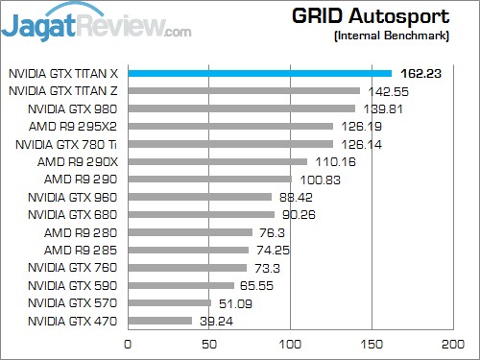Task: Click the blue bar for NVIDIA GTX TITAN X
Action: pyautogui.click(x=259, y=73)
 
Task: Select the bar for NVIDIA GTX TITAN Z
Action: pyautogui.click(x=243, y=90)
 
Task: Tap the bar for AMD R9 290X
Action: pyautogui.click(x=217, y=161)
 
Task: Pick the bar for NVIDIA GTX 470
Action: pyautogui.click(x=159, y=321)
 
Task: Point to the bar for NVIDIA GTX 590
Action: pyautogui.click(x=180, y=285)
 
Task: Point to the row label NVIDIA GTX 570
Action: pyautogui.click(x=73, y=303)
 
